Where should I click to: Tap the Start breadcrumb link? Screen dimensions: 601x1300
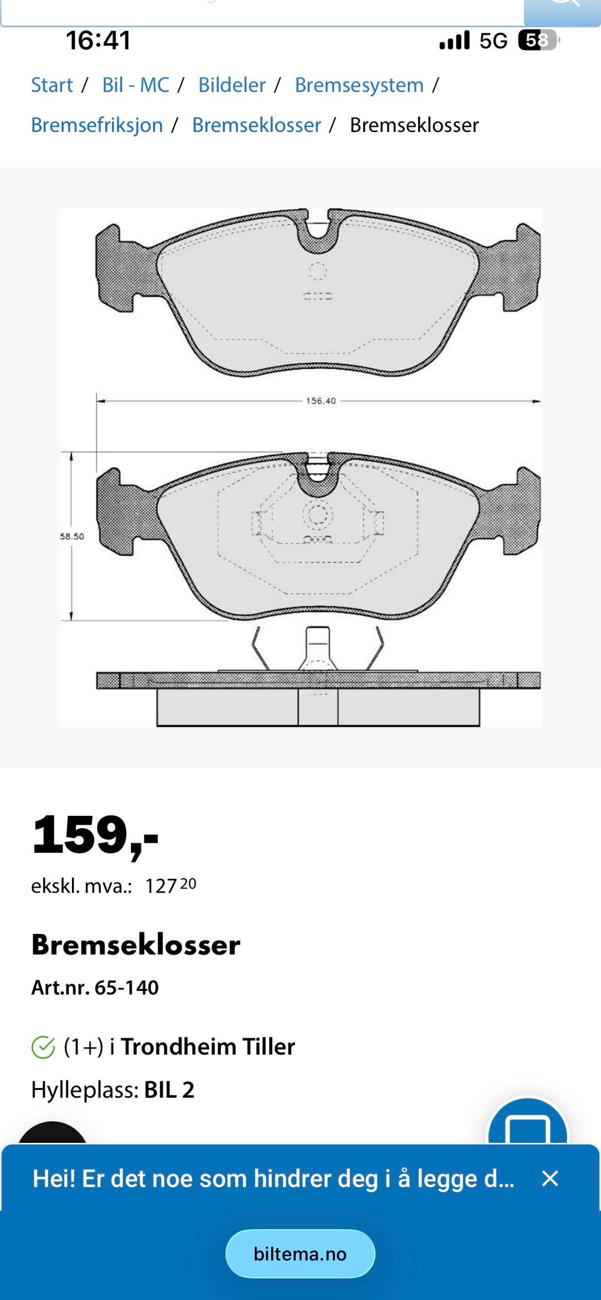pos(52,85)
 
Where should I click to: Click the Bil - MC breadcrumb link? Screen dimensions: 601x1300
pos(136,85)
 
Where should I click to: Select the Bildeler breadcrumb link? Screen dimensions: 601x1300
pos(232,85)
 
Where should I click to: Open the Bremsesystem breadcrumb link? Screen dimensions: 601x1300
pos(359,86)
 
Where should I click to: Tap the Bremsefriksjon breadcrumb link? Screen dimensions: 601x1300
pos(97,125)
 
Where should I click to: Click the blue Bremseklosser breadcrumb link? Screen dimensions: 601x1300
pos(257,125)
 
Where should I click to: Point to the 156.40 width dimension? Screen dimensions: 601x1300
pos(321,400)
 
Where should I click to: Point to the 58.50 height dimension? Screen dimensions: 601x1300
pos(72,536)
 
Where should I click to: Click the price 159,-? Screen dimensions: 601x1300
pos(95,836)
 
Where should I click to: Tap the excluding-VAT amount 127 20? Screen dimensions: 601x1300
pos(171,885)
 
